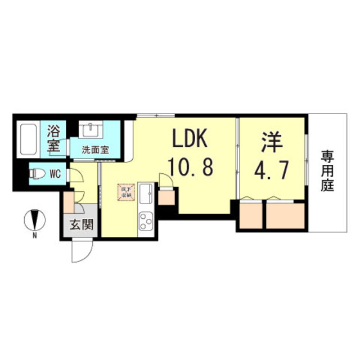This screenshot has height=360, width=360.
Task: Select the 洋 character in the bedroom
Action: [x=270, y=141]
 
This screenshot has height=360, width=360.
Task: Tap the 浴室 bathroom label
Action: [x=54, y=137]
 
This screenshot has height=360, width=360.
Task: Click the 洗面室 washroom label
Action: [x=95, y=150]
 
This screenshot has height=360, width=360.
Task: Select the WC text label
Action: [x=55, y=174]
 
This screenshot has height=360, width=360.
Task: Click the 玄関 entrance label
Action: [x=78, y=227]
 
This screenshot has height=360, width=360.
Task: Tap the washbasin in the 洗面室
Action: [x=90, y=130]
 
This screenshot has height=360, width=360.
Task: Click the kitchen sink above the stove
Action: [x=145, y=195]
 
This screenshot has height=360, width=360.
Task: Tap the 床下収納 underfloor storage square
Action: [x=125, y=193]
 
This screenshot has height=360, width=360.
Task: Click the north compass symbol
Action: [x=34, y=218]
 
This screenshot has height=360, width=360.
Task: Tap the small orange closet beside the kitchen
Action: [x=167, y=197]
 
